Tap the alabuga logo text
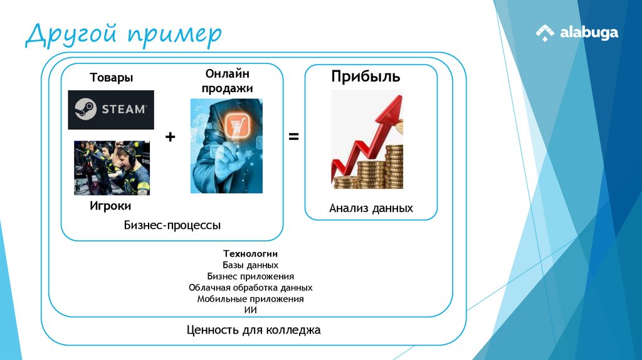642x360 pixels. click(x=589, y=33)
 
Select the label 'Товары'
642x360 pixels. click(x=111, y=78)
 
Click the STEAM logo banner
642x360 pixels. click(x=111, y=109)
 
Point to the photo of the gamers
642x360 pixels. click(x=112, y=167)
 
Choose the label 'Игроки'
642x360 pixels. click(x=111, y=206)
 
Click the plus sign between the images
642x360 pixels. click(x=170, y=137)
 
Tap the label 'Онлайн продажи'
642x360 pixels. click(x=227, y=81)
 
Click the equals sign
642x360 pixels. click(x=293, y=137)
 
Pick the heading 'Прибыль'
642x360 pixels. click(x=366, y=77)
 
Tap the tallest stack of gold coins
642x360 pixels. click(x=394, y=166)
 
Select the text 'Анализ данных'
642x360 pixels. click(x=371, y=208)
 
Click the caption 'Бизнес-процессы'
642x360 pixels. click(x=172, y=225)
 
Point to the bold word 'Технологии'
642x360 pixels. click(x=250, y=253)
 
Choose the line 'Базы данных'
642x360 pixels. click(x=250, y=265)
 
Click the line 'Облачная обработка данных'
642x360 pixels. click(x=250, y=287)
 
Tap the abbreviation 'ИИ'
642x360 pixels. click(x=250, y=310)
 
